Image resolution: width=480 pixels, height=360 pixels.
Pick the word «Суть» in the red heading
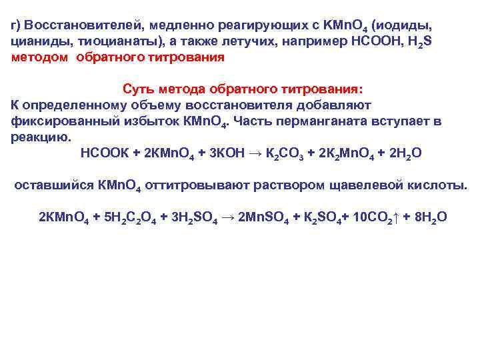click(x=139, y=89)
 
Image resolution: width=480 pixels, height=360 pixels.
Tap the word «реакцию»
click(x=41, y=137)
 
